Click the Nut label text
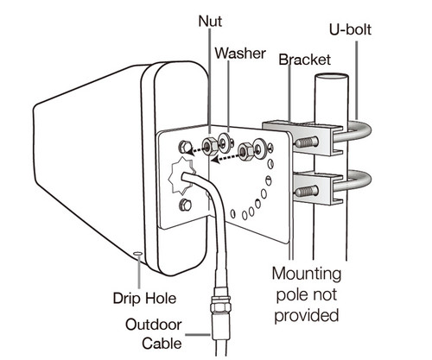click(210, 22)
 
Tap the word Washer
click(240, 54)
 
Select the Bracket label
click(305, 60)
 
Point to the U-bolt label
click(350, 29)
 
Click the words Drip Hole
click(144, 298)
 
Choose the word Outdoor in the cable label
click(154, 325)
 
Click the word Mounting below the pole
click(307, 274)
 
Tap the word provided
click(307, 316)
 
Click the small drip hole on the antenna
click(138, 254)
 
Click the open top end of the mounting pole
click(331, 77)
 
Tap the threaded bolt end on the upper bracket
click(307, 142)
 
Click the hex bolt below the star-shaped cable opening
click(185, 205)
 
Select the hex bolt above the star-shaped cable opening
click(185, 147)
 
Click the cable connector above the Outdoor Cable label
click(221, 302)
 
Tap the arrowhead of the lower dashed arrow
click(216, 159)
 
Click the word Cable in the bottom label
click(162, 344)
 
